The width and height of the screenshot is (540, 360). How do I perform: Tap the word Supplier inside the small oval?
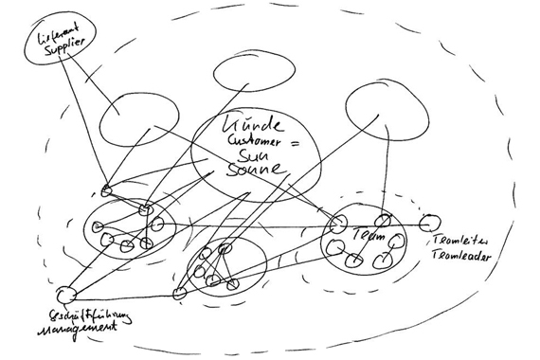[60, 47]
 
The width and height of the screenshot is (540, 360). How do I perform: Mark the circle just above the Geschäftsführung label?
[64, 294]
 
